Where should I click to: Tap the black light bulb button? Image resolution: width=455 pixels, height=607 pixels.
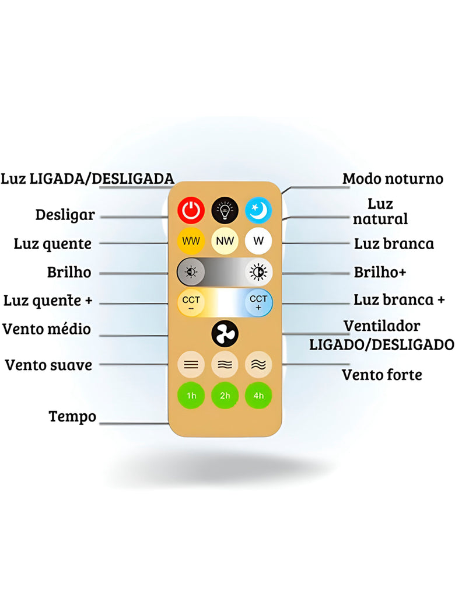click(x=225, y=210)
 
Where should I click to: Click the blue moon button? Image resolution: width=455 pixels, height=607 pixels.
click(x=258, y=210)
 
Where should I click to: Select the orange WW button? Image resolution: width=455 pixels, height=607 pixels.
click(x=191, y=240)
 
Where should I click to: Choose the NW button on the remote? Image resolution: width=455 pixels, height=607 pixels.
click(x=225, y=240)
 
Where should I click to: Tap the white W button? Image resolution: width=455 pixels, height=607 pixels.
click(x=258, y=240)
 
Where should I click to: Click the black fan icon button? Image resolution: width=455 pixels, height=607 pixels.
click(x=225, y=333)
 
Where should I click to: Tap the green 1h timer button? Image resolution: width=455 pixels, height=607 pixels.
click(x=191, y=396)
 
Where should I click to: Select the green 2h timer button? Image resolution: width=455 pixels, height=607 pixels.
click(x=225, y=396)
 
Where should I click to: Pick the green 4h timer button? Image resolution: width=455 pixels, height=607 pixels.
click(x=258, y=396)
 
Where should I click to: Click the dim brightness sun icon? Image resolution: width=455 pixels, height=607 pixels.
click(x=191, y=272)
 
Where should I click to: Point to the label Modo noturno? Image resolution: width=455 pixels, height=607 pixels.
click(x=393, y=179)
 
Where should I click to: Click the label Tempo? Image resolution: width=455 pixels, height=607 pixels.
click(x=72, y=417)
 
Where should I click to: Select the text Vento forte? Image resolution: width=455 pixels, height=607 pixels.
click(x=381, y=375)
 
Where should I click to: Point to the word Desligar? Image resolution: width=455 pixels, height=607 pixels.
click(x=65, y=214)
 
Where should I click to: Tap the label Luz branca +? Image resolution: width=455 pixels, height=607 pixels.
click(x=399, y=300)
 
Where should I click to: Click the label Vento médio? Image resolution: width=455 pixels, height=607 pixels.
click(x=47, y=329)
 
